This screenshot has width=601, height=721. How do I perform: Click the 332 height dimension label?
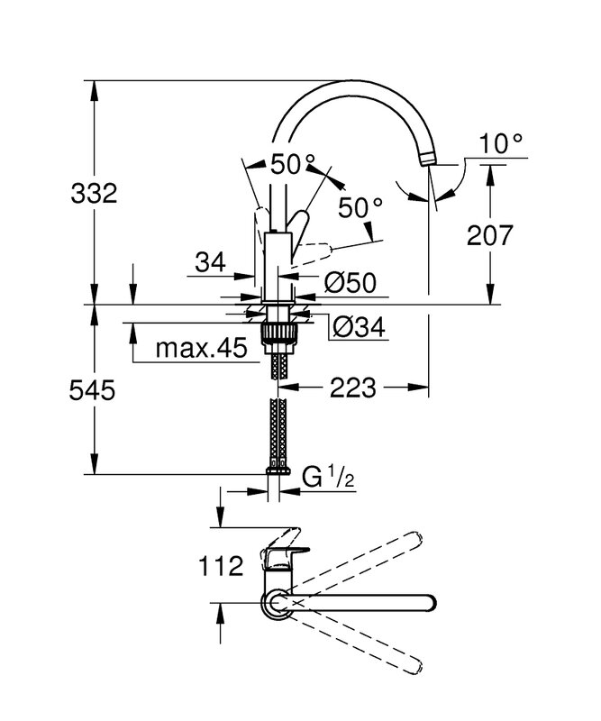coord(94,193)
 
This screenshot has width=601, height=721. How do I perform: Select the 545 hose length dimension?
coord(94,390)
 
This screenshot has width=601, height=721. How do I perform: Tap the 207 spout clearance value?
coord(490,235)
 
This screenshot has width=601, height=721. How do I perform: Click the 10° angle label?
coord(501,142)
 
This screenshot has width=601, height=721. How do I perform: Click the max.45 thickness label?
coord(200,349)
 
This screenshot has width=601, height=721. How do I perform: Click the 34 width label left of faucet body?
coord(209,262)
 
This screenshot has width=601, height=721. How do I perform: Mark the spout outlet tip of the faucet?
coord(429,161)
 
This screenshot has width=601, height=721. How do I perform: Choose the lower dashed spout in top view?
coord(360,642)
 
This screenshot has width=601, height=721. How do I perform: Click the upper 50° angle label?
coord(293,164)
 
